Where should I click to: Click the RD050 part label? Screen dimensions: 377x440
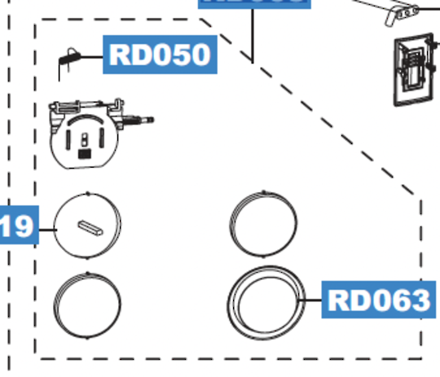point(159,55)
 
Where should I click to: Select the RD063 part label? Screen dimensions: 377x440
point(376,300)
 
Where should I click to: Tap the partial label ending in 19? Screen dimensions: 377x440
point(16,226)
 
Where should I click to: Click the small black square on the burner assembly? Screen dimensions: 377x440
point(83,151)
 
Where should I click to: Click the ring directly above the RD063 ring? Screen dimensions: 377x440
point(263,224)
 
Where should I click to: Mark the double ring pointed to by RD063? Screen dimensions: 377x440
point(266,301)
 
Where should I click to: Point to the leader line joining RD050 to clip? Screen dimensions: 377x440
point(94,55)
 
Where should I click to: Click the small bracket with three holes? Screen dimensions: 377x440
point(400,10)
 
